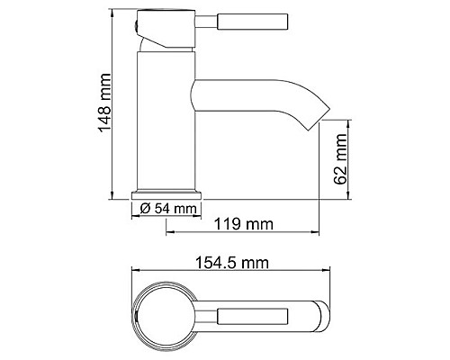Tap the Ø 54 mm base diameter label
point(168,210)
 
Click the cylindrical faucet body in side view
point(168,126)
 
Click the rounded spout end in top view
point(319,318)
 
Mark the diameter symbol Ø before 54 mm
point(145,210)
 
